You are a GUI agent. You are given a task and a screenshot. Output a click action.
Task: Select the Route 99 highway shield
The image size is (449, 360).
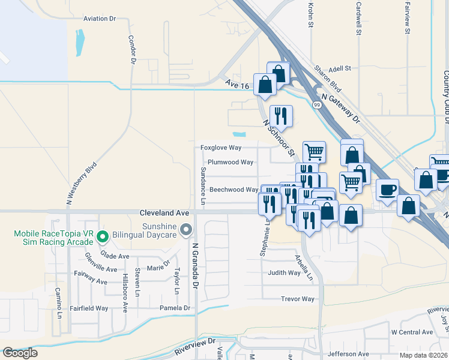pos(316,104)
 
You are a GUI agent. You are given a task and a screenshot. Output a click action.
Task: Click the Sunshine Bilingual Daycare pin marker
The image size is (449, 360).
pos(186,229)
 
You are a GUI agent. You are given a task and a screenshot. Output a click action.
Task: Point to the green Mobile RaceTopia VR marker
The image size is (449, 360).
pos(102,237)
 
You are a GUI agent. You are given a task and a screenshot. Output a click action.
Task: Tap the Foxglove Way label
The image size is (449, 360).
pos(220,147)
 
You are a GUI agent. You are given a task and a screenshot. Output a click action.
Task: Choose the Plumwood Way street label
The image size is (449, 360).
pos(230,162)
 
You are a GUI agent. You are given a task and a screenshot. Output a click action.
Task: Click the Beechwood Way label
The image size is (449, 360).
pos(234,190)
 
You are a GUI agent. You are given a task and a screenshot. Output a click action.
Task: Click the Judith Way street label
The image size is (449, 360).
pos(284,272)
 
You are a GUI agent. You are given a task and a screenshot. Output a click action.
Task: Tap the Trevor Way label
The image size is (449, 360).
pos(298,299)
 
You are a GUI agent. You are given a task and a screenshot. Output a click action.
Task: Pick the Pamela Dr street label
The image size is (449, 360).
pos(174,308)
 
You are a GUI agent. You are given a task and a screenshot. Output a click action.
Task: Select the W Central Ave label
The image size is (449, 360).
pos(412,332)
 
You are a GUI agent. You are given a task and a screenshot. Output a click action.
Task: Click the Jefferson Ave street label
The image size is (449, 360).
pos(348,354)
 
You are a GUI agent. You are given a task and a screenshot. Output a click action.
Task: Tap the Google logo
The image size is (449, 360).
pos(20,353)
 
